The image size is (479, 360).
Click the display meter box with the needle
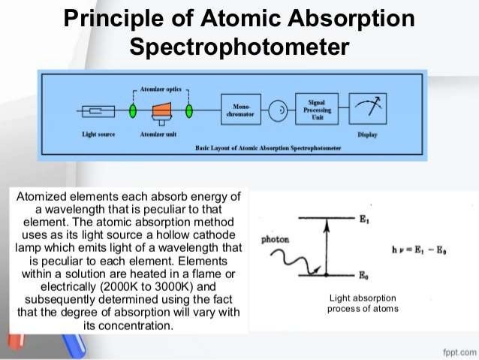(368, 110)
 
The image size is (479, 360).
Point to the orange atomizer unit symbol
(160, 111)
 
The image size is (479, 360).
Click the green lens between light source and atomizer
(133, 111)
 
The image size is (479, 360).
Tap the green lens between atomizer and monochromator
(189, 111)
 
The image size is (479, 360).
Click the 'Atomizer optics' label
(160, 89)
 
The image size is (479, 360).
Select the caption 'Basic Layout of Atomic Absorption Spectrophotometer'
(267, 149)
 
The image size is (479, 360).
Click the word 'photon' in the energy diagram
(272, 241)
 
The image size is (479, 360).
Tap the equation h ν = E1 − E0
(417, 249)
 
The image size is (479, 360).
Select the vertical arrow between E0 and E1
(327, 247)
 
